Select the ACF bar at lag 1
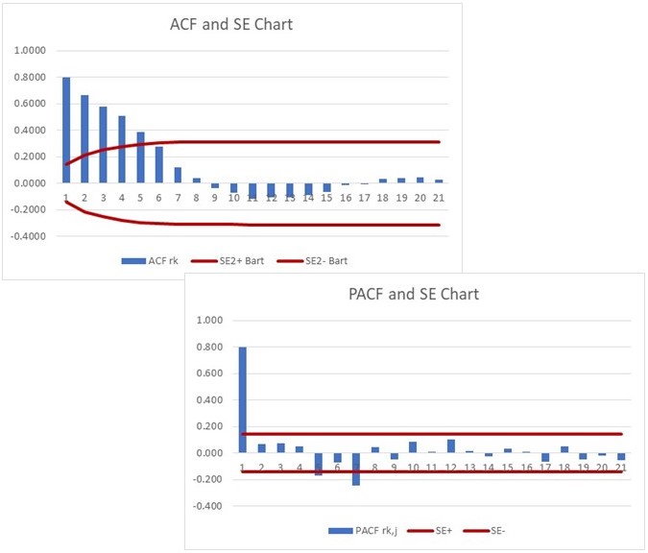coord(66,130)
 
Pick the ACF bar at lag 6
coord(158,164)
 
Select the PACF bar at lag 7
coord(355,469)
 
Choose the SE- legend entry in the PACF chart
coord(509,530)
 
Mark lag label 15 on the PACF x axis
coord(507,467)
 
